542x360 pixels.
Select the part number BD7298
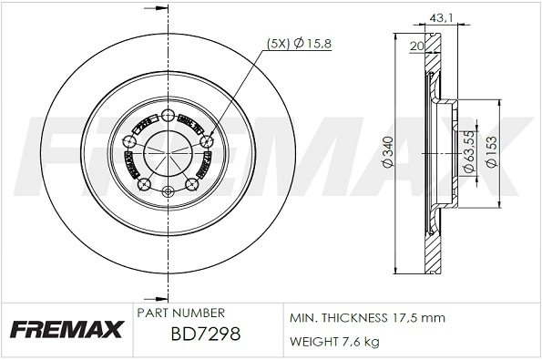click(205, 335)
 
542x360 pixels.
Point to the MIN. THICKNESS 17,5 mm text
click(366, 318)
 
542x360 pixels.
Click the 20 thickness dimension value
click(416, 46)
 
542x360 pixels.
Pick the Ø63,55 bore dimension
click(466, 146)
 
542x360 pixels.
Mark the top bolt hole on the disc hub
click(169, 115)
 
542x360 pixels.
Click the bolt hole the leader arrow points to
click(207, 141)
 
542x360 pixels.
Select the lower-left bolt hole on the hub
click(142, 185)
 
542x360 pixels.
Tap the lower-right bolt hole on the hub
click(192, 185)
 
